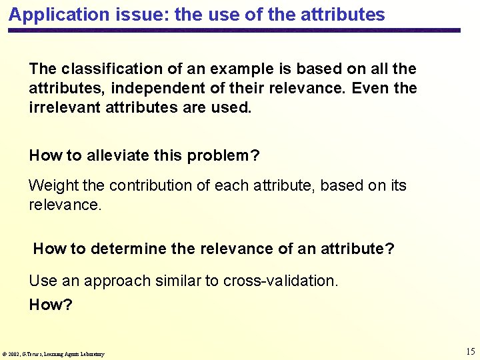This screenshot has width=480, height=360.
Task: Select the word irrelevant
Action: tap(65, 107)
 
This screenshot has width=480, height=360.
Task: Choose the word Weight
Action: tap(52, 185)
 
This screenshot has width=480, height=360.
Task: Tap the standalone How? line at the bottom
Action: tap(51, 305)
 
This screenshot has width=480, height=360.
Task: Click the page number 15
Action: tap(470, 351)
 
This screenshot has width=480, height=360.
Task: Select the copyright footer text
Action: tap(54, 354)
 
